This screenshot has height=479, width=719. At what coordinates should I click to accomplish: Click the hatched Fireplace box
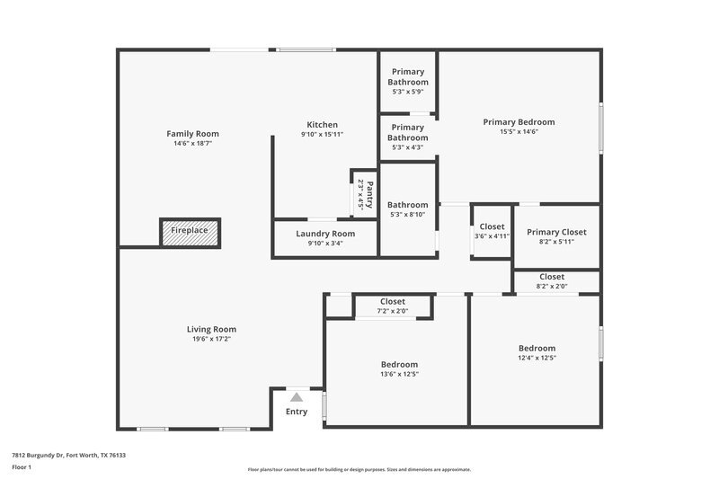click(x=190, y=231)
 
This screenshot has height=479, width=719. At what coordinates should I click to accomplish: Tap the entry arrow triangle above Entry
click(x=297, y=395)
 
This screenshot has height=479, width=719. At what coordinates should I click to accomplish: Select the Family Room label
click(x=192, y=134)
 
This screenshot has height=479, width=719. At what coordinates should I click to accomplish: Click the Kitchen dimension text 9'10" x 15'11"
click(x=322, y=134)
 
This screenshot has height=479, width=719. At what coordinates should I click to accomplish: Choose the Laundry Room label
click(x=324, y=234)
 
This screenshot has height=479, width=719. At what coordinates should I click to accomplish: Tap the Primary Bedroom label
click(x=519, y=122)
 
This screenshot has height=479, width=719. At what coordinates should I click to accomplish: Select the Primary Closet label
click(x=556, y=232)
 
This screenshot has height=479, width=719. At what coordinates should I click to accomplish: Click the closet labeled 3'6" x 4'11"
click(x=492, y=231)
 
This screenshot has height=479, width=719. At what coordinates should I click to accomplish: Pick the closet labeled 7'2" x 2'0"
click(x=393, y=306)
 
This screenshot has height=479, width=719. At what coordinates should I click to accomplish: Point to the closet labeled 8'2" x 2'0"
click(x=552, y=281)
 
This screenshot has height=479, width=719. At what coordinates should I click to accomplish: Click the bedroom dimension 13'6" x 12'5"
click(x=393, y=374)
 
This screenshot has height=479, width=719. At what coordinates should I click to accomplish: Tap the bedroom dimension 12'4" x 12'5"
click(x=537, y=358)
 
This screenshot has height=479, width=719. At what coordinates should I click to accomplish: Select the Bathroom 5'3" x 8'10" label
click(x=407, y=205)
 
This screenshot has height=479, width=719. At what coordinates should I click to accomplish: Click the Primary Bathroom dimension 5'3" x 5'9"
click(x=407, y=92)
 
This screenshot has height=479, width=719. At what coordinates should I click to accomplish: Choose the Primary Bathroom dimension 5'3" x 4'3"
click(x=407, y=147)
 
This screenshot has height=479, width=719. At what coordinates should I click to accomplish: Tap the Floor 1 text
click(x=22, y=468)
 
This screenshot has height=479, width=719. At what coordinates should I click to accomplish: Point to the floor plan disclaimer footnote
click(x=359, y=469)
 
